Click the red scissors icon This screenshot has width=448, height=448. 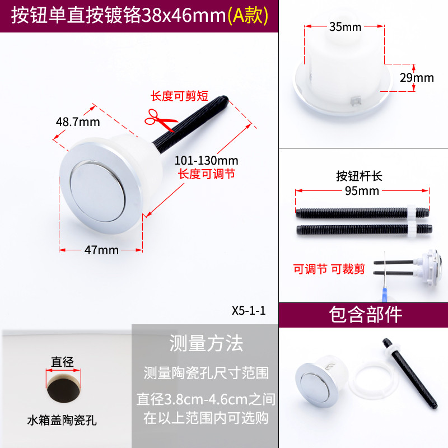click(160, 120)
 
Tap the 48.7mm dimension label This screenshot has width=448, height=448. click(78, 122)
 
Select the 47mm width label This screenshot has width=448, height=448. click(101, 250)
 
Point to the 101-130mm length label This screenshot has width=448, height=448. click(206, 161)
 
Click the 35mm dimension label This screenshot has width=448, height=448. click(345, 27)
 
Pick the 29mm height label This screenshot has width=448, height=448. click(417, 78)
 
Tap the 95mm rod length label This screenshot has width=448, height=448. click(362, 191)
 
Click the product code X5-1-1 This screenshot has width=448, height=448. click(249, 311)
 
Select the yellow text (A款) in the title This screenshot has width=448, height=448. click(248, 16)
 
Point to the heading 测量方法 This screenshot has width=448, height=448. click(206, 343)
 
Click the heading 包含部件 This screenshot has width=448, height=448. click(366, 315)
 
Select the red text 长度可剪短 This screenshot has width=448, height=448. click(179, 96)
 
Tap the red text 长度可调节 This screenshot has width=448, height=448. click(207, 174)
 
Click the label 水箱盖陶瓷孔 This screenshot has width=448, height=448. click(62, 421)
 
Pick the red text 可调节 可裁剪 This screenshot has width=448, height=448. click(329, 269)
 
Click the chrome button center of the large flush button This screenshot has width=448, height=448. click(97, 192)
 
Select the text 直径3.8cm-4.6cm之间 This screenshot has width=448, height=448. click(206, 399)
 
